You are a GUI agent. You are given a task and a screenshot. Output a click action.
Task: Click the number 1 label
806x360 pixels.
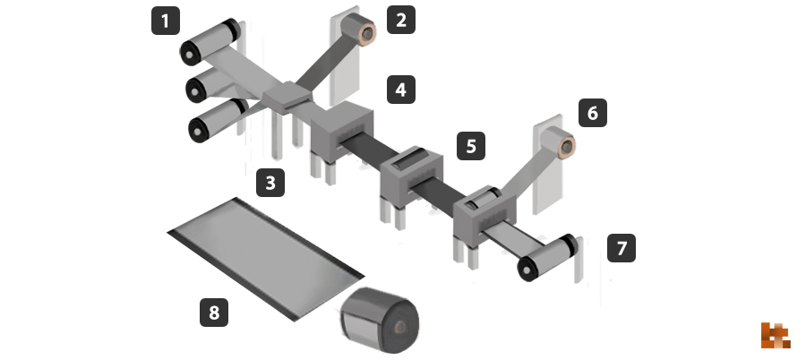[166, 21]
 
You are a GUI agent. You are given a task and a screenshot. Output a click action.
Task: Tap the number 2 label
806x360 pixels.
[401, 20]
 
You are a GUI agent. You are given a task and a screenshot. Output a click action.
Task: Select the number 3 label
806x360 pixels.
[270, 183]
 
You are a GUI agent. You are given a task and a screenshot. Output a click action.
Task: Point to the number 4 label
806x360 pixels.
[401, 90]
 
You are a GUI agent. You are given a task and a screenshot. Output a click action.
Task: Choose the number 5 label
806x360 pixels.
[471, 146]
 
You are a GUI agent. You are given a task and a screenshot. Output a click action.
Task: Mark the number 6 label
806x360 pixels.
[593, 113]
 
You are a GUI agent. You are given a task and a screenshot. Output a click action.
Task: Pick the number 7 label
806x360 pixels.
[622, 248]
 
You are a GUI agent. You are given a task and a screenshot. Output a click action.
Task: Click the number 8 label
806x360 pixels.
[214, 313]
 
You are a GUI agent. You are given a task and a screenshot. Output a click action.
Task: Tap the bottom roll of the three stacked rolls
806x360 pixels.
[218, 120]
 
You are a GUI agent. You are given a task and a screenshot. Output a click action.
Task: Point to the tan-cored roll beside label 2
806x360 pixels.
[359, 29]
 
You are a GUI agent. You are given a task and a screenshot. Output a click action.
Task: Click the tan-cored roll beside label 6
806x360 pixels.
[558, 142]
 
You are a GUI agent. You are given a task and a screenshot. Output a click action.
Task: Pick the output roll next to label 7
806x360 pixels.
[547, 258]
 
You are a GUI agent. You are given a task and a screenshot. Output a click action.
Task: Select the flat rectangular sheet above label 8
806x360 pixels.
[266, 259]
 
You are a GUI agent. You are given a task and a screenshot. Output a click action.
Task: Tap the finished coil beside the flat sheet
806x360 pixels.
[380, 321]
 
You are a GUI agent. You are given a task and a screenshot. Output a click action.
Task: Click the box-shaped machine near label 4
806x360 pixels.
[342, 131]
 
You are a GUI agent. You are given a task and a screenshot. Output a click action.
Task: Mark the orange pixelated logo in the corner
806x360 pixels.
[776, 335]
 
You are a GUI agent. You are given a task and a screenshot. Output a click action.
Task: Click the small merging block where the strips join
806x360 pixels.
[287, 98]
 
